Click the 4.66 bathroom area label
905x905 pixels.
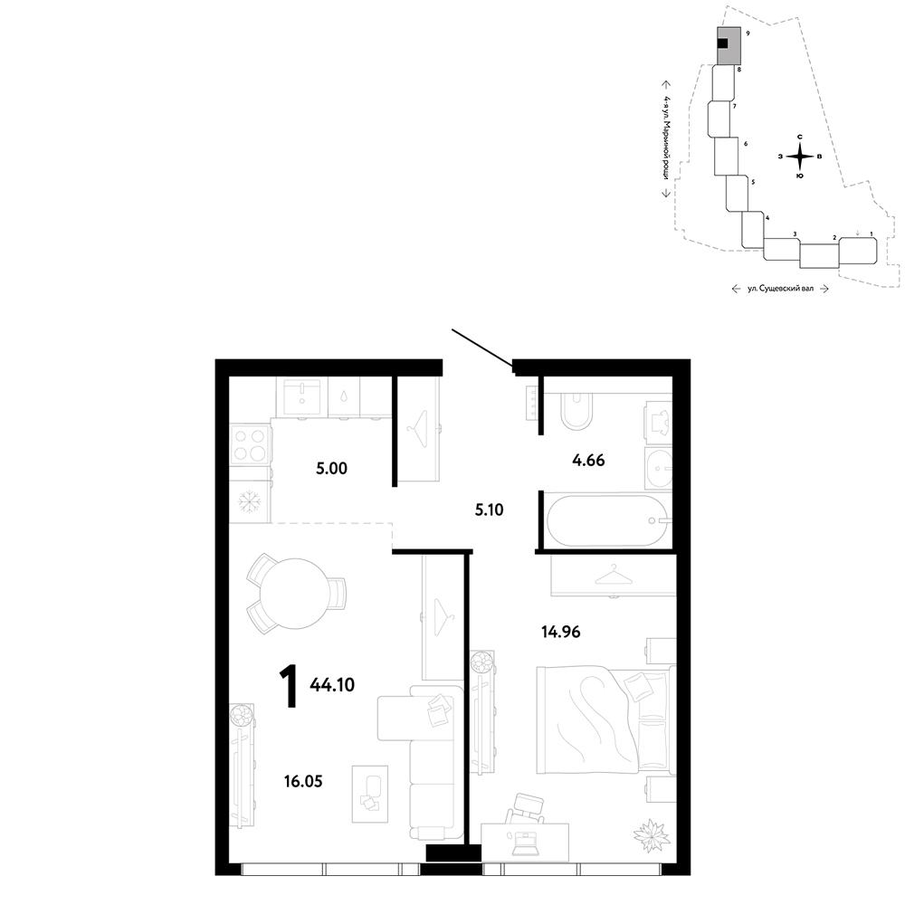(x=588, y=461)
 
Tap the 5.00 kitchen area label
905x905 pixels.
(x=331, y=468)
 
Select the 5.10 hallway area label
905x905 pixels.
(x=489, y=510)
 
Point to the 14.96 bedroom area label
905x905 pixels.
(x=560, y=632)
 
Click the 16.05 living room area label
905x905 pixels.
(x=303, y=782)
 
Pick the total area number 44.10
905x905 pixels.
(x=332, y=685)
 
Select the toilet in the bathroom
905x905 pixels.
(x=576, y=411)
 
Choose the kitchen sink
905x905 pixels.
(x=301, y=396)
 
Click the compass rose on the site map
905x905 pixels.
(x=799, y=157)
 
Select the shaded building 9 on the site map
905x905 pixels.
(x=729, y=45)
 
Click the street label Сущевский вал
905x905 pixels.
(x=780, y=289)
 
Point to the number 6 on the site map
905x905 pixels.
(x=747, y=144)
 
